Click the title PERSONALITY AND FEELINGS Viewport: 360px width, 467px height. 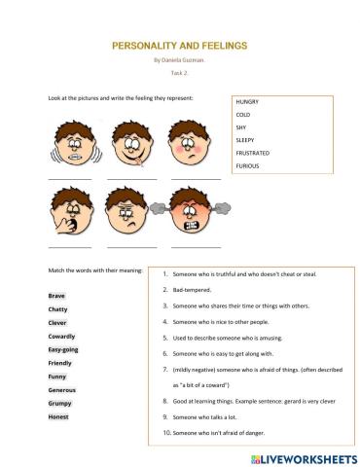pos(180,45)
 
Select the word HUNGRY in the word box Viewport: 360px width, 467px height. pos(248,102)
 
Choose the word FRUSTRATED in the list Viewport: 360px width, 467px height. pos(254,153)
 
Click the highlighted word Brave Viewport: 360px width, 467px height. pos(55,295)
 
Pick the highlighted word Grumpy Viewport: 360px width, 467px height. pos(59,403)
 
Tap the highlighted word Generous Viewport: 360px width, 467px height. pos(62,389)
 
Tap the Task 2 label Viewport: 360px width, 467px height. pos(179,73)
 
